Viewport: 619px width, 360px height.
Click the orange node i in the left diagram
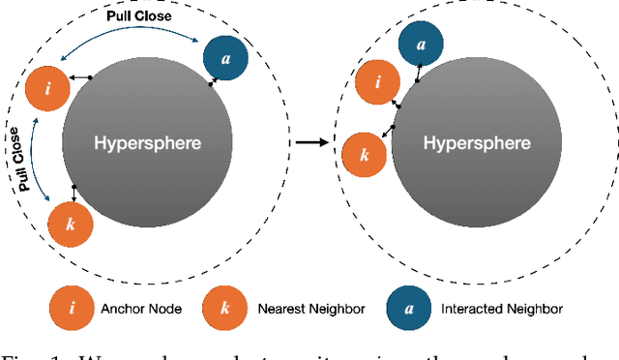47,88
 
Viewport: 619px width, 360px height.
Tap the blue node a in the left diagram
225,59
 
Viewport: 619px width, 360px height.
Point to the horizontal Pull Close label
137,17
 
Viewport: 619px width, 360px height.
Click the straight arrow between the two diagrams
310,142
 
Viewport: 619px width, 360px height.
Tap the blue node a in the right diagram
421,44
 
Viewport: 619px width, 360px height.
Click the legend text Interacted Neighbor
502,310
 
